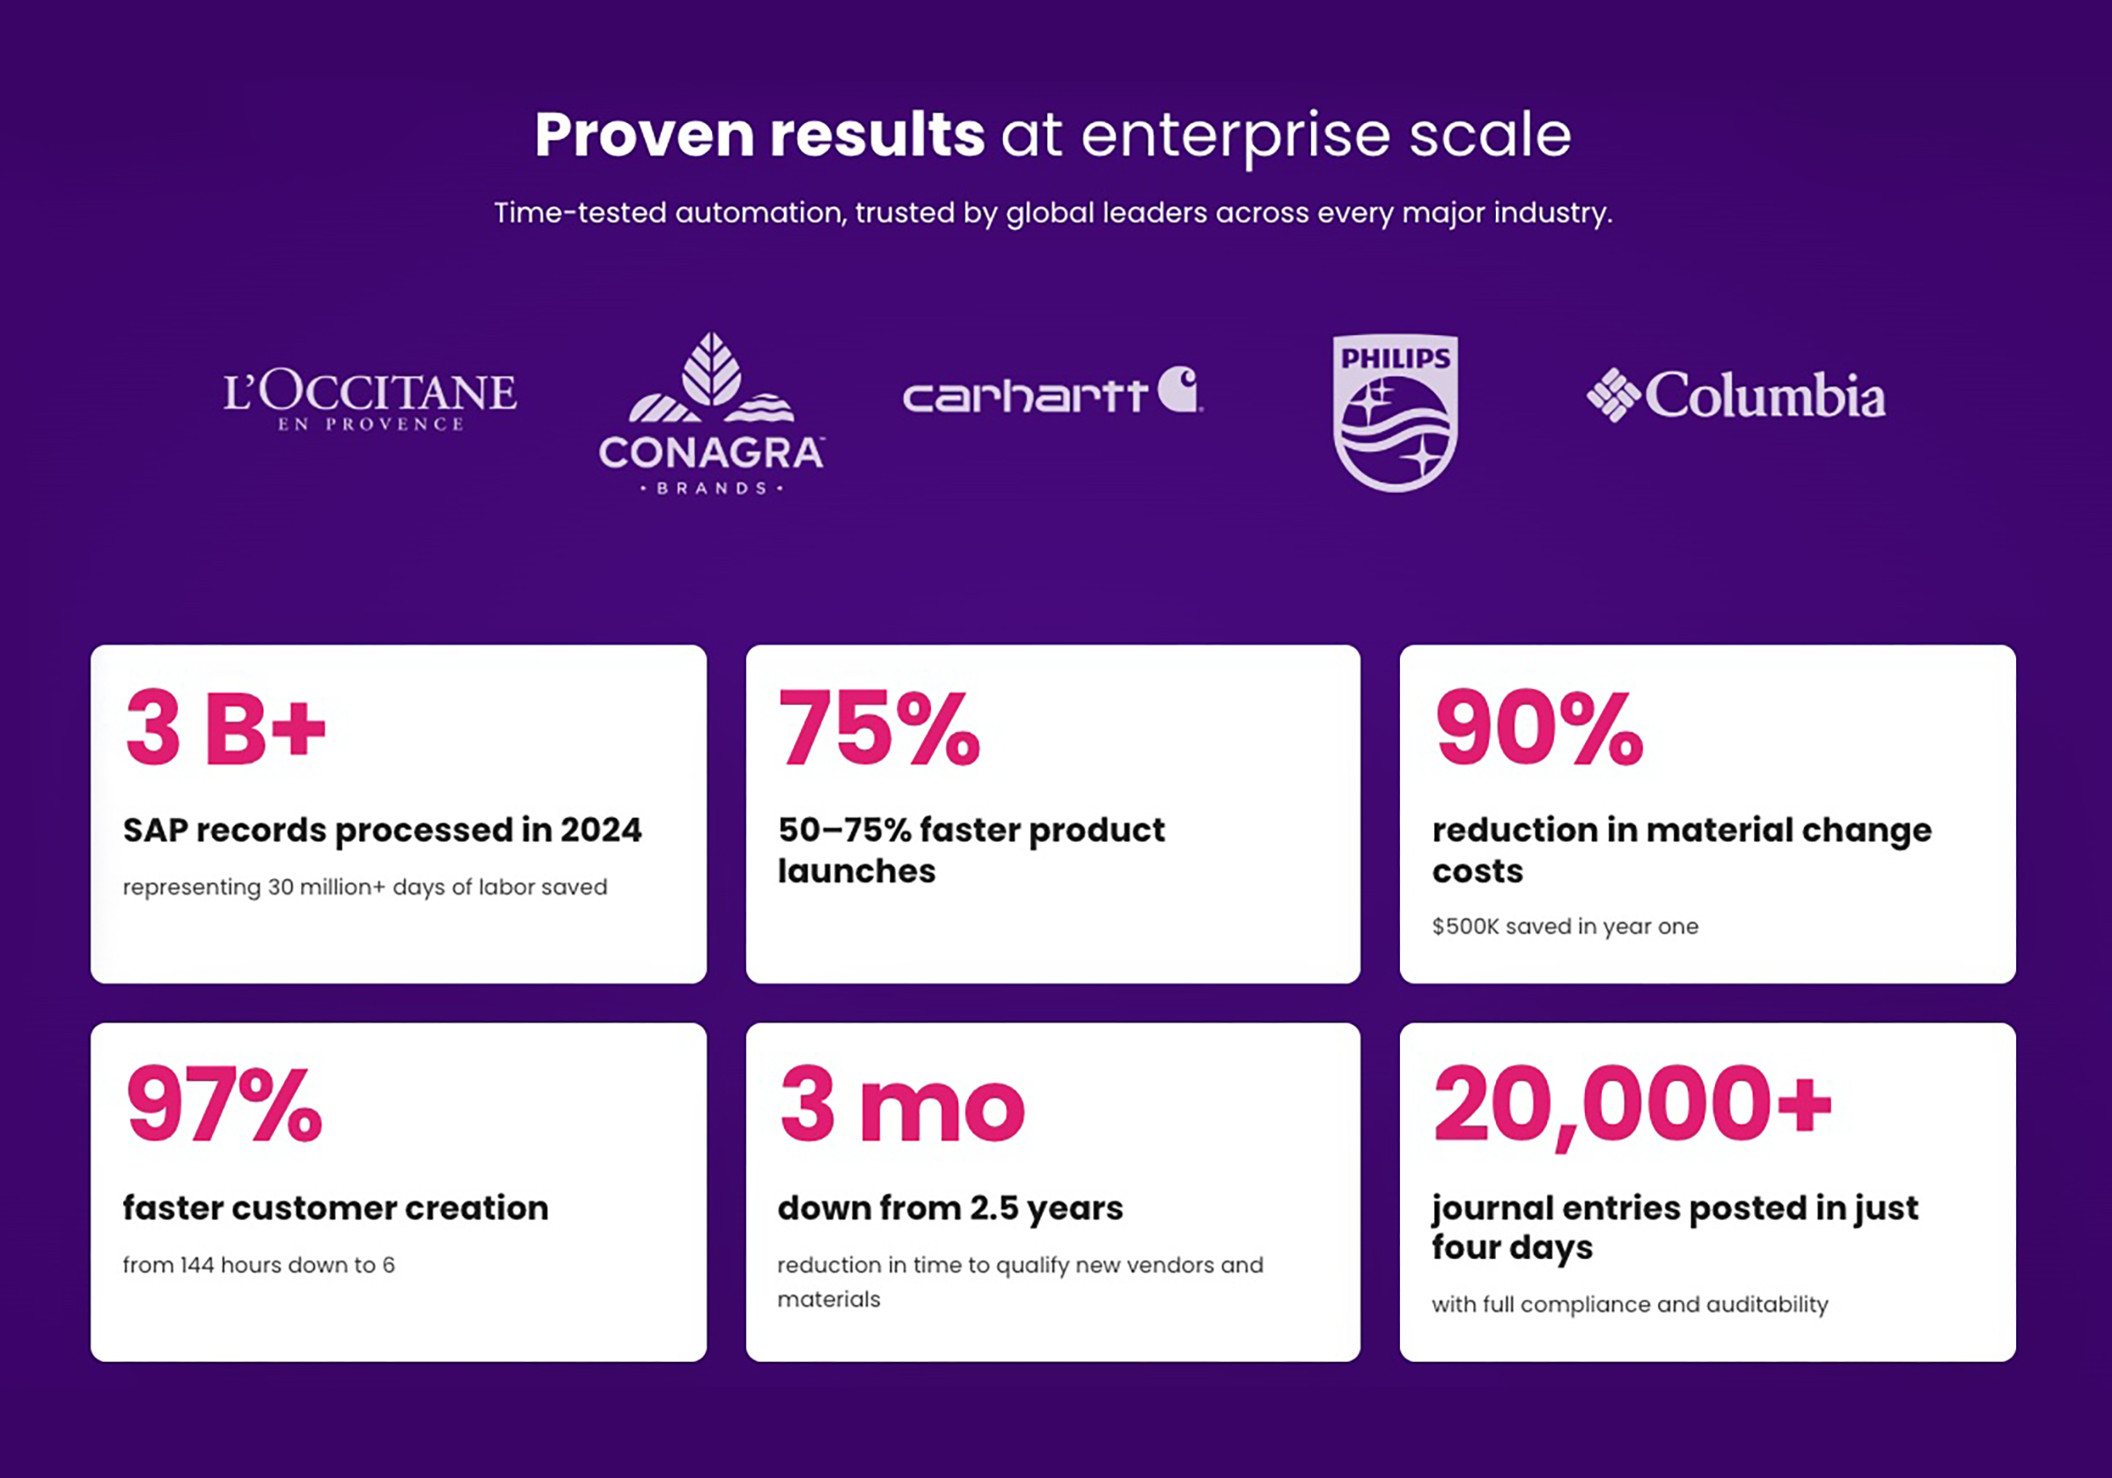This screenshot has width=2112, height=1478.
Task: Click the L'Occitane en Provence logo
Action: pos(370,400)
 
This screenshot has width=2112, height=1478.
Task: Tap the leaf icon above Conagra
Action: pos(711,369)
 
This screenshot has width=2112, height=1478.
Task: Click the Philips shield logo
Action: pos(1396,412)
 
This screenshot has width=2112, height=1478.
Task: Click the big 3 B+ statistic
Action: pos(226,728)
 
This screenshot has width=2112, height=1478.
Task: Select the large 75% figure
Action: pos(879,728)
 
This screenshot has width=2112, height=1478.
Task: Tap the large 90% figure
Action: pos(1539,728)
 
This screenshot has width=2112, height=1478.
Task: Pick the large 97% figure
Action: pos(224,1104)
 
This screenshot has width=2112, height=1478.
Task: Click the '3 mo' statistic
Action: pos(901,1104)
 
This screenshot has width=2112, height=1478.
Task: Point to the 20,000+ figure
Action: pos(1632,1106)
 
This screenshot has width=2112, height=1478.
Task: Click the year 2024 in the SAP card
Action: pos(601,830)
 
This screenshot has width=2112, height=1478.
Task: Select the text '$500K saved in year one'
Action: pos(1565,926)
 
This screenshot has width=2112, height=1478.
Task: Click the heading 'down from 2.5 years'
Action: pos(950,1210)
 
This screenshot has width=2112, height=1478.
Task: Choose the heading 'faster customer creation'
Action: pos(336,1208)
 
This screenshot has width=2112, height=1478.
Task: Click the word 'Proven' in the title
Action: pos(646,136)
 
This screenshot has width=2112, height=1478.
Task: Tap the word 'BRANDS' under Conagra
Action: pos(711,488)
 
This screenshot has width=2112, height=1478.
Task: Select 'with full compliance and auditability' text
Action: pos(1629,1304)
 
